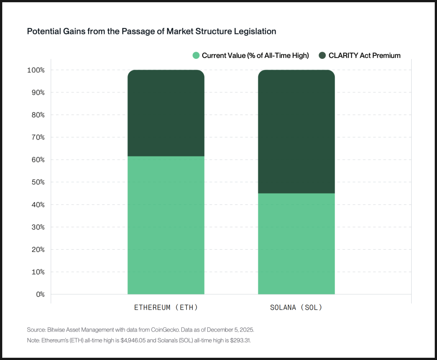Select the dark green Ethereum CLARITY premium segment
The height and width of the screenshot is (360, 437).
(x=166, y=113)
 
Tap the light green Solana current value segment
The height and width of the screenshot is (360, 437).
(x=296, y=244)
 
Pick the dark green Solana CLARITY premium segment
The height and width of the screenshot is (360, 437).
(x=296, y=132)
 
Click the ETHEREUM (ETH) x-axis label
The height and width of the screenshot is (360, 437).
(x=166, y=308)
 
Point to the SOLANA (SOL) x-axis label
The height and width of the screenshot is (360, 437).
(x=296, y=308)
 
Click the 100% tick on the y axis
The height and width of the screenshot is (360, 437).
(x=36, y=70)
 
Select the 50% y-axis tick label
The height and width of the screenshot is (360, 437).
(x=37, y=182)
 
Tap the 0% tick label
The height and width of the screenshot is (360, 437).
(x=40, y=294)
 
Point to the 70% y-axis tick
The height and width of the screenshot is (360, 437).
(x=37, y=137)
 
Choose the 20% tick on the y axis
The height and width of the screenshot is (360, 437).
(x=37, y=250)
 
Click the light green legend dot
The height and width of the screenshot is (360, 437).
(x=196, y=56)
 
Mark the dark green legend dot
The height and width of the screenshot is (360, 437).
(x=322, y=56)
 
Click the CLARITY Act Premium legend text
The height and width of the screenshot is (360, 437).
(x=365, y=56)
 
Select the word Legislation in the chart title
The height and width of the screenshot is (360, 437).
(x=256, y=32)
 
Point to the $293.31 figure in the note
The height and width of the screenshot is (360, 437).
(x=238, y=340)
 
